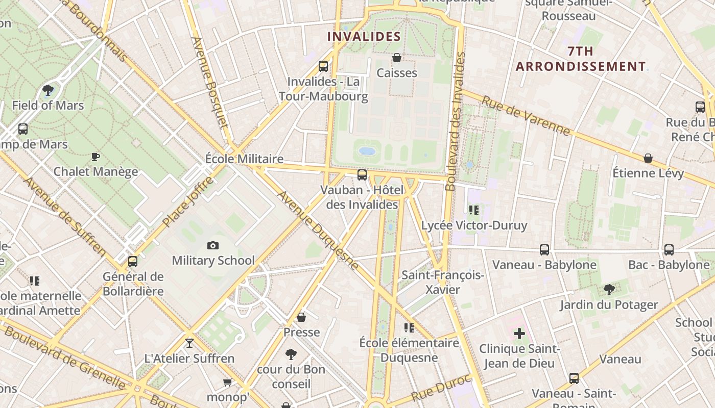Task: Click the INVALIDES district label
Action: click(364, 37)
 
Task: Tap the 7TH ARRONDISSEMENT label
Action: click(581, 59)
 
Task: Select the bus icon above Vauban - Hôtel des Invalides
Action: click(362, 175)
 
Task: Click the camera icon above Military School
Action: click(213, 246)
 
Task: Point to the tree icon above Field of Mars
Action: click(48, 91)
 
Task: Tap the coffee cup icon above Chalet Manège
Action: click(95, 157)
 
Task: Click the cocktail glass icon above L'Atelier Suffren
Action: click(189, 343)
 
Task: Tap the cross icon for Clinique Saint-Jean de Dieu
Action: click(519, 334)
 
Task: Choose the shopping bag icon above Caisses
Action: click(396, 58)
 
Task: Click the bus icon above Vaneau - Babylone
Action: click(544, 250)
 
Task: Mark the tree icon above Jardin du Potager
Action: click(609, 290)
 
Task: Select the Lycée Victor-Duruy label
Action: click(474, 225)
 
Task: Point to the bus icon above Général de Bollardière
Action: click(133, 262)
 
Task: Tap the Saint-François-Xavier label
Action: click(443, 283)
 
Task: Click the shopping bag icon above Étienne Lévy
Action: click(648, 159)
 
